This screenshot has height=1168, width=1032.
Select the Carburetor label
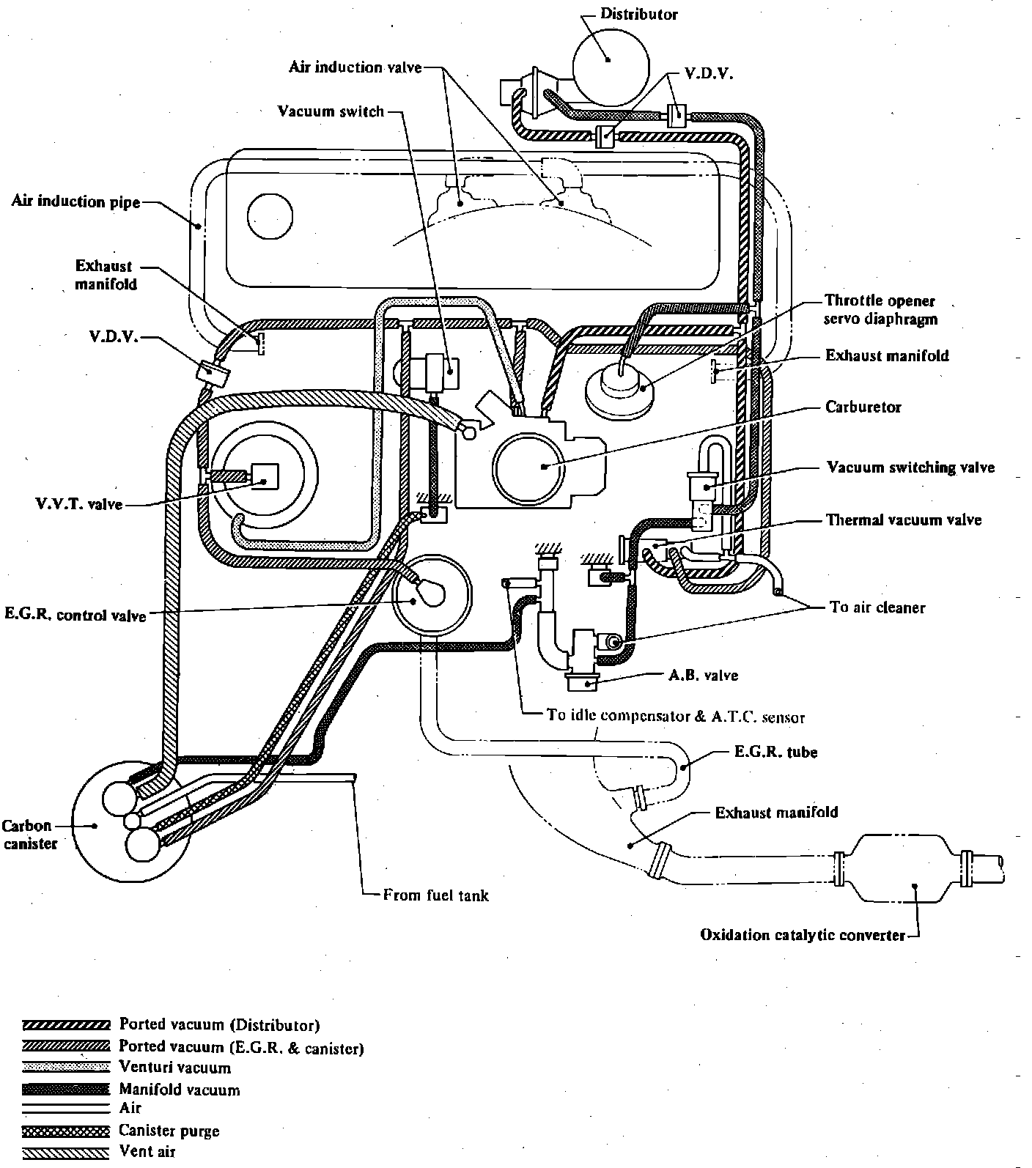coord(863,407)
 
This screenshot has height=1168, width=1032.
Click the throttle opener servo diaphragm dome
coord(619,386)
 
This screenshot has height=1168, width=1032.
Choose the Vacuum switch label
coord(331,111)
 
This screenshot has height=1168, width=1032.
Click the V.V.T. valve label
coord(78,504)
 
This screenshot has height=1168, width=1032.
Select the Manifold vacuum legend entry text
coord(180,1090)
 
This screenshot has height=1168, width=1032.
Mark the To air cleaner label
coord(877,607)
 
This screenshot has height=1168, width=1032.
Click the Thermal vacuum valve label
coord(904,520)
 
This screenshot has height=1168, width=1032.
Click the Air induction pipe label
coord(75,202)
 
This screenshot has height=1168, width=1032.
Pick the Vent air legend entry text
coord(147,1151)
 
